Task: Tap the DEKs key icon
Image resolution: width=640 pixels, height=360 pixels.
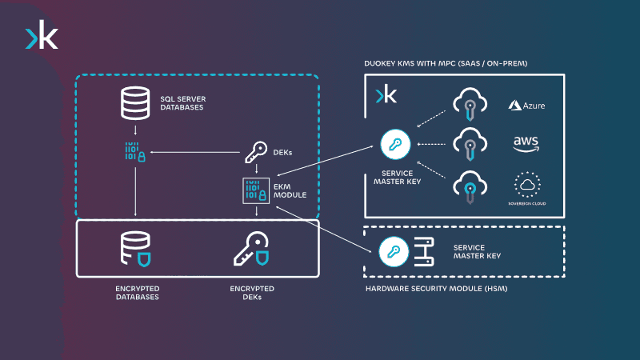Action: pos(255,152)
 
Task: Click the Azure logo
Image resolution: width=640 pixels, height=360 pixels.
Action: pos(526,105)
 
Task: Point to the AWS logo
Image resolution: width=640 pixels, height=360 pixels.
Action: pos(526,144)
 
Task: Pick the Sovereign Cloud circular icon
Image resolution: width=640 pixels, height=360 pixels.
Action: pos(526,184)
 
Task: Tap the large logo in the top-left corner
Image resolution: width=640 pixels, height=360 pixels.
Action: pos(42,37)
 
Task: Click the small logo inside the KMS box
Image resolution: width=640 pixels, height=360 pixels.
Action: pos(386,95)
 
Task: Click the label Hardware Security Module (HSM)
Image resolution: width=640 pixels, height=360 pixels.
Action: pos(436,289)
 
